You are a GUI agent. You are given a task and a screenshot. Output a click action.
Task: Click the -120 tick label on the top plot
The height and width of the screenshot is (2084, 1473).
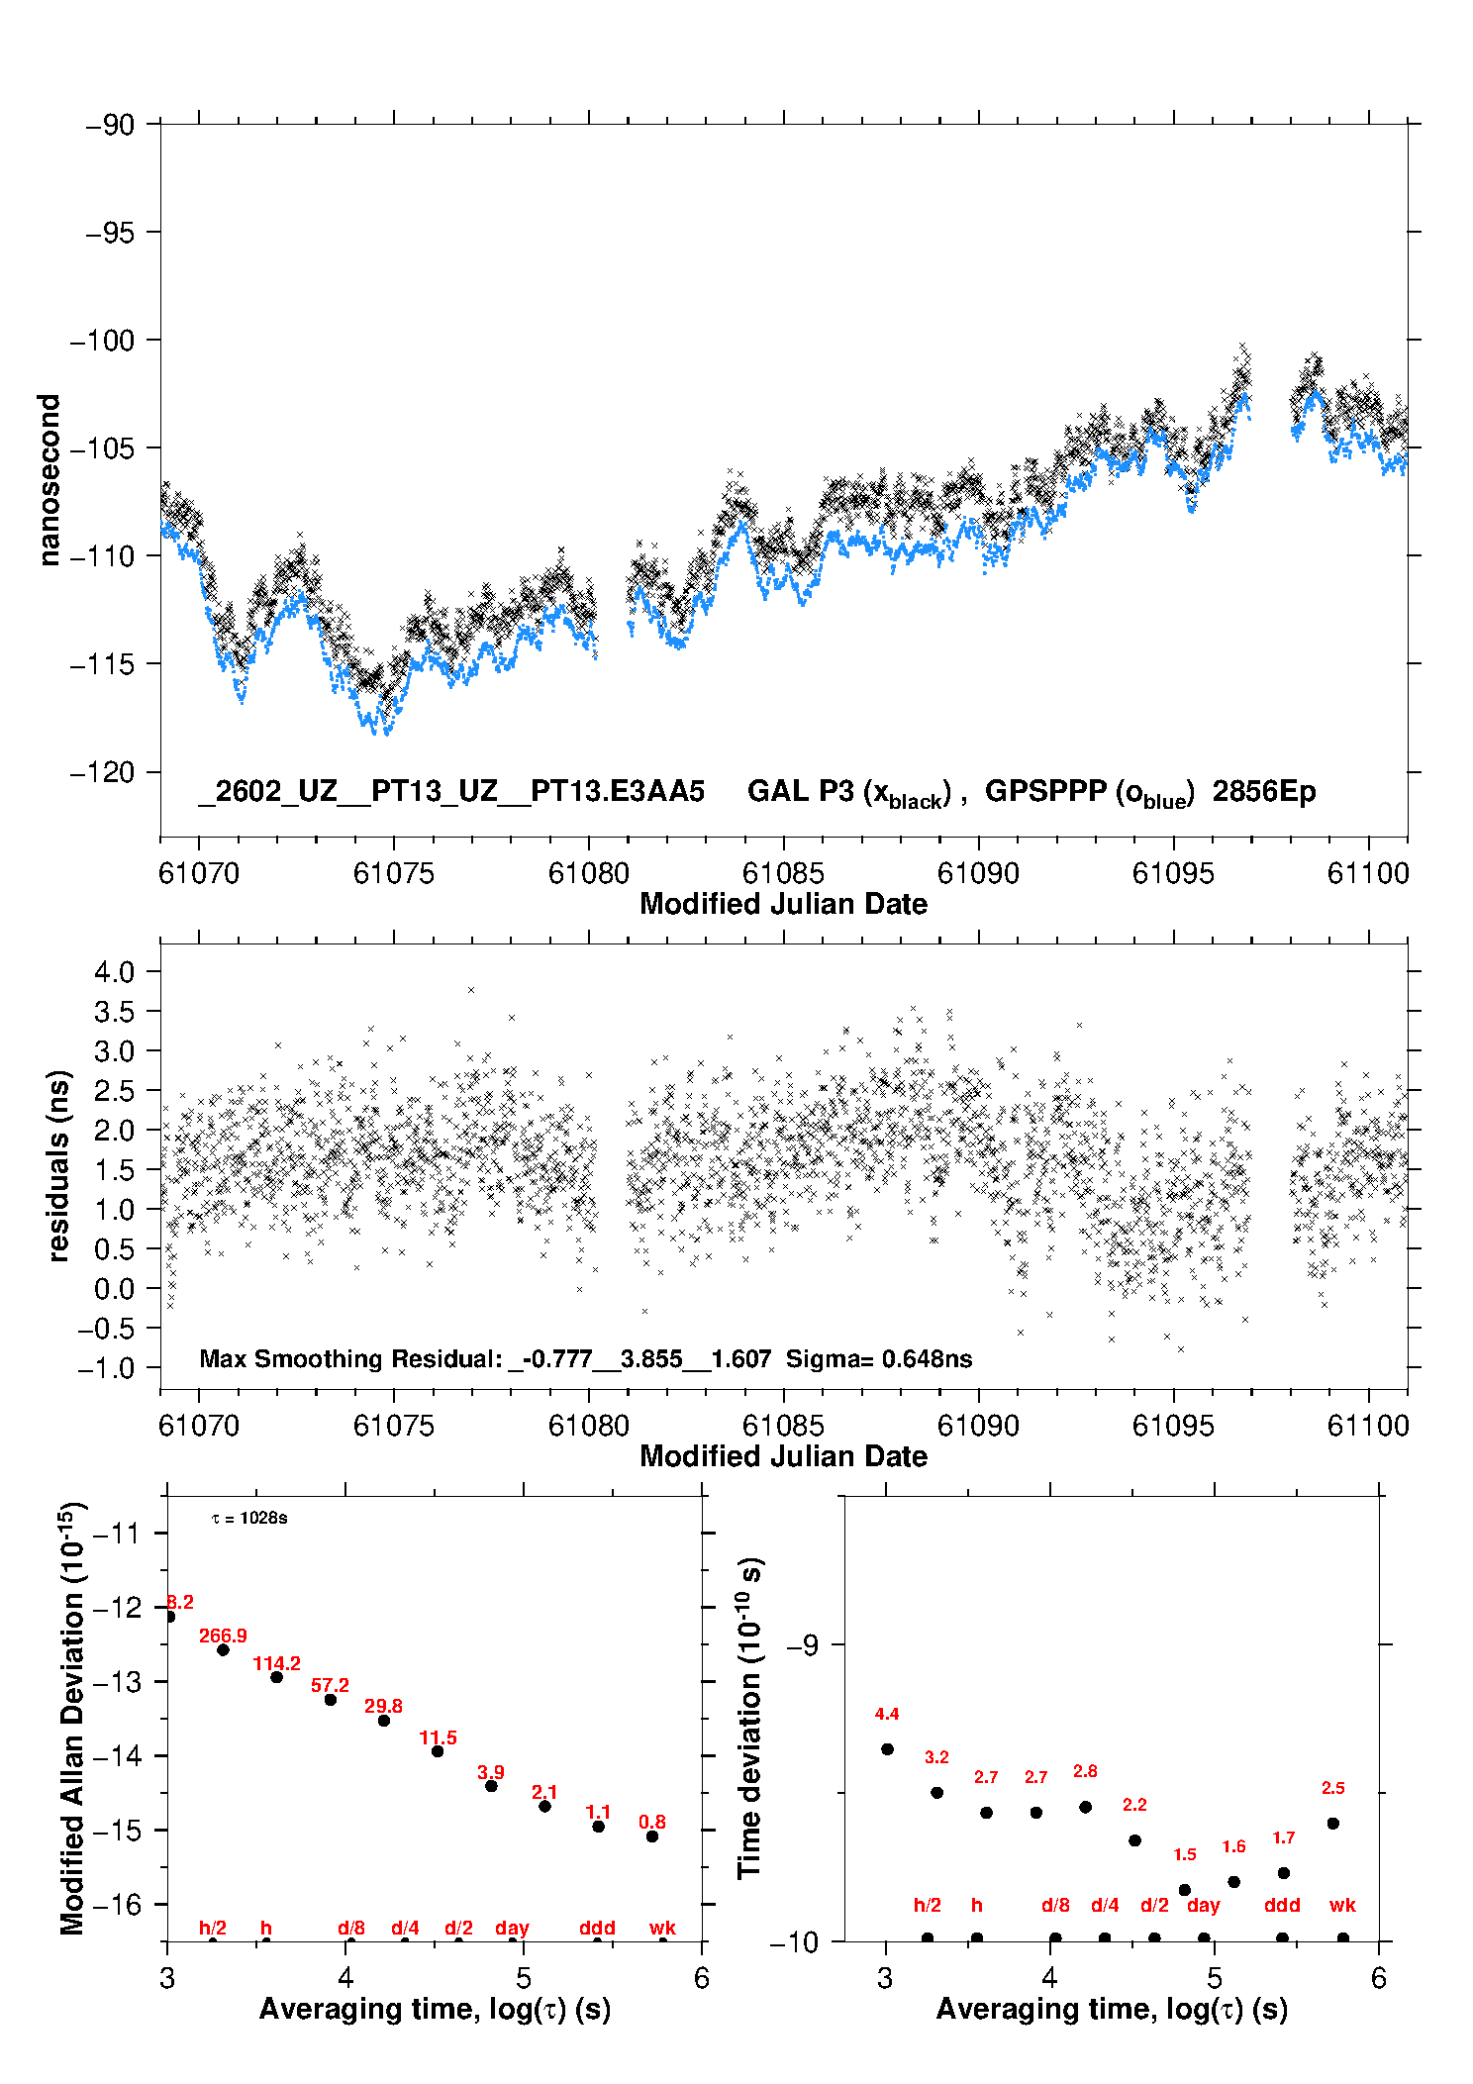[102, 772]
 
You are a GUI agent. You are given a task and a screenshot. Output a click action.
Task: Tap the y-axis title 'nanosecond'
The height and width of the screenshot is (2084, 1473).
[49, 480]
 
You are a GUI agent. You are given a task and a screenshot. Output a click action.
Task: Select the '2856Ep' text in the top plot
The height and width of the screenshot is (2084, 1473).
[1263, 792]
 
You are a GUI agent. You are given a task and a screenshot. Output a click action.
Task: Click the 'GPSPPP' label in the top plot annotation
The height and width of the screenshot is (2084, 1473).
[1045, 792]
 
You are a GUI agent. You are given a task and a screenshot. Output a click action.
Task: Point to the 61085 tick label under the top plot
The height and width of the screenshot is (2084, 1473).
[783, 873]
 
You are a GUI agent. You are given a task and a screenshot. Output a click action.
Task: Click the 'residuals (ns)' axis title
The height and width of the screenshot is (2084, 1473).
[59, 1165]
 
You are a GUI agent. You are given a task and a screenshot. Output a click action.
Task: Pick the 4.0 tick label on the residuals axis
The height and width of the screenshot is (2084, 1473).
[114, 971]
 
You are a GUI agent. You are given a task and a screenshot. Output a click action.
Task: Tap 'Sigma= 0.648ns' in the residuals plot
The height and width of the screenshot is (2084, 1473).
[879, 1358]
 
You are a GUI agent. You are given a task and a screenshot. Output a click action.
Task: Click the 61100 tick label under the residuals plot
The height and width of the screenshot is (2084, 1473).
[1368, 1426]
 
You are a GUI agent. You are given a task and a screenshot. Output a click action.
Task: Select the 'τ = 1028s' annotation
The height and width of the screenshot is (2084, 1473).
[249, 1519]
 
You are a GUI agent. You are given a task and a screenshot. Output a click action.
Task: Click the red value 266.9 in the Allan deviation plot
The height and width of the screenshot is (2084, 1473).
[223, 1636]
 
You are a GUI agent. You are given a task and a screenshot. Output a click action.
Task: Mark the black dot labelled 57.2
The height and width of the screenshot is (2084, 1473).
[331, 1700]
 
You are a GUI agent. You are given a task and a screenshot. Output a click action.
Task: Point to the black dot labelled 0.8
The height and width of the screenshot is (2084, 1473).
[652, 1836]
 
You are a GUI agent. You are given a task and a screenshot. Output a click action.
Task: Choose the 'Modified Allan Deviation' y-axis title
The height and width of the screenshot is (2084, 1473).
[72, 1718]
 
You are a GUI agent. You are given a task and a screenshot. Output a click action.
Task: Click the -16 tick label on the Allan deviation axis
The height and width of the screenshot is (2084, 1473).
[117, 1904]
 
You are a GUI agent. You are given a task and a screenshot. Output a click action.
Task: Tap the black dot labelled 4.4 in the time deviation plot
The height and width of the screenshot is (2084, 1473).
[887, 1749]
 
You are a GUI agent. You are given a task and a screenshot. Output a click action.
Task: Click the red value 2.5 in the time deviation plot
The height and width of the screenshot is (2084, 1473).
[1332, 1788]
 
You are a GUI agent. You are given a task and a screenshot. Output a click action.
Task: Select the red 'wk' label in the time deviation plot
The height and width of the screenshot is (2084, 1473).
[1342, 1905]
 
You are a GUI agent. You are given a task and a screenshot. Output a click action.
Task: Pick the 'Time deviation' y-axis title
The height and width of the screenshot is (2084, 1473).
[749, 1718]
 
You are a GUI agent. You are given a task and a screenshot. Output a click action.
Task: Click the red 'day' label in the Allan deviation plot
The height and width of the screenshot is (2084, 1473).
[512, 1928]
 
